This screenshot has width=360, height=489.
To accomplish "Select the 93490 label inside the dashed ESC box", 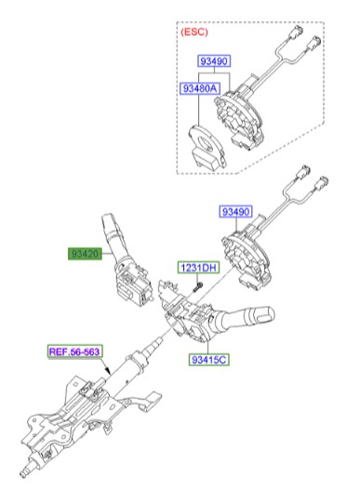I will pyautogui.click(x=212, y=61).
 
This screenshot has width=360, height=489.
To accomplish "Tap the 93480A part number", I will pyautogui.click(x=197, y=90).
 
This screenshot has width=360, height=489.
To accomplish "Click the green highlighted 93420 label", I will pyautogui.click(x=85, y=253).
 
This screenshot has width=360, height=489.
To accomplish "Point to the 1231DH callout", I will pyautogui.click(x=197, y=269).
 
